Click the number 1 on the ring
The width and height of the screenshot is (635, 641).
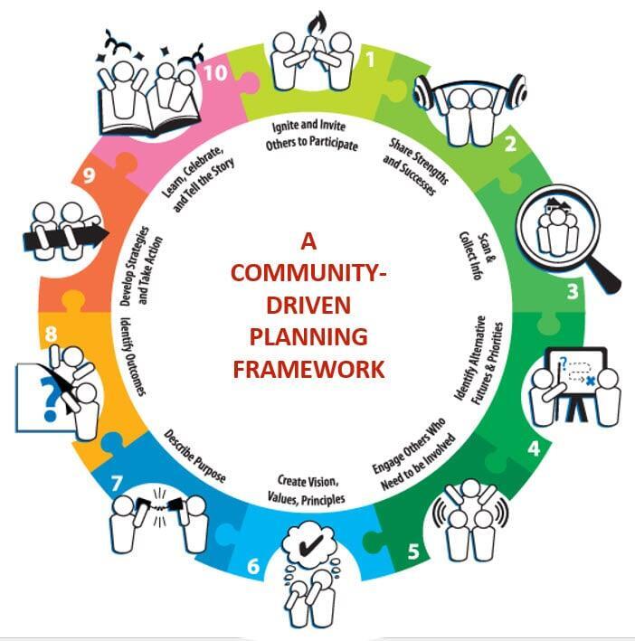click(x=368, y=61)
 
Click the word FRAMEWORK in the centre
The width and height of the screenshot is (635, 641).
click(x=308, y=369)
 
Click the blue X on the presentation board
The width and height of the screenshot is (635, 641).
click(x=589, y=382)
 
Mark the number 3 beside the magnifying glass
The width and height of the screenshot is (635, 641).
click(x=571, y=291)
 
